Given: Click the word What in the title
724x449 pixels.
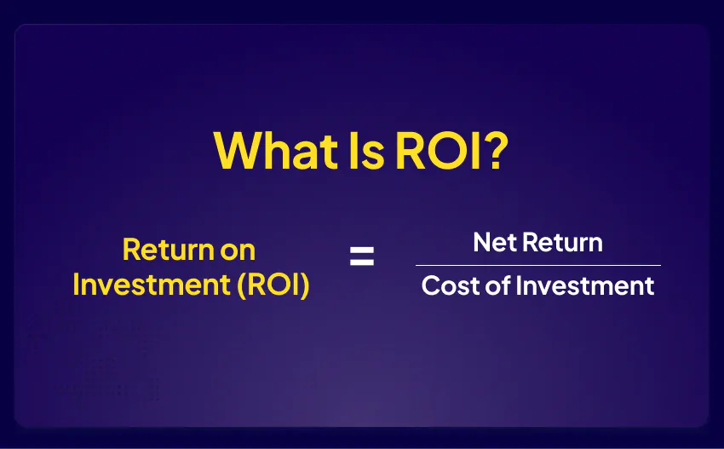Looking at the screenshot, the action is tap(276, 150).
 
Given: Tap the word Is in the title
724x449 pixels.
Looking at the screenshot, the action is tap(366, 150).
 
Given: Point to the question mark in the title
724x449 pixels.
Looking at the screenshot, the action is tap(497, 150).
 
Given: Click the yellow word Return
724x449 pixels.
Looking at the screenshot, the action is tap(168, 250).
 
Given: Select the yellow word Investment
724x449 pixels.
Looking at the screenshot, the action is tap(152, 285).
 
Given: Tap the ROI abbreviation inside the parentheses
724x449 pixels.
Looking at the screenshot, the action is tap(273, 285).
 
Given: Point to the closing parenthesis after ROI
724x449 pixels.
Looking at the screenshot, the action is tap(304, 285).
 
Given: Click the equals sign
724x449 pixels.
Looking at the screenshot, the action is tap(362, 256).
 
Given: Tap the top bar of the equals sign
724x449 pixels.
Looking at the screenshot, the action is tap(362, 250).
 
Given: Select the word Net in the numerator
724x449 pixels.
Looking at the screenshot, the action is tap(495, 243).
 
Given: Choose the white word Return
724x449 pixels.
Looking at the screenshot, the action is tap(563, 243).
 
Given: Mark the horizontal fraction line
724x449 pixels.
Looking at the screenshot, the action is tap(538, 265).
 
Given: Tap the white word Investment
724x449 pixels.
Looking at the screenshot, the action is tap(585, 285).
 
